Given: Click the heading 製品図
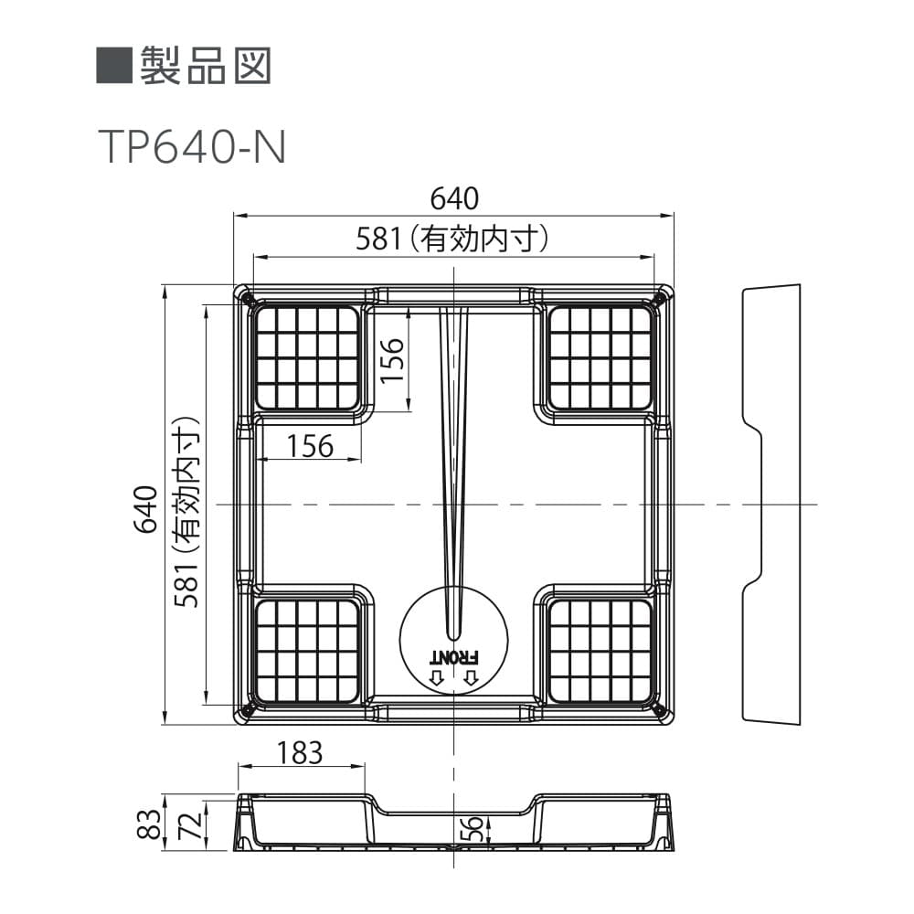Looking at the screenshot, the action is (206, 65).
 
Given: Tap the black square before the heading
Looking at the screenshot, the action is (114, 65).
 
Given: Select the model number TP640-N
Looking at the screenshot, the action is (192, 147).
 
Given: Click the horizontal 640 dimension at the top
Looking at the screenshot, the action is (454, 198).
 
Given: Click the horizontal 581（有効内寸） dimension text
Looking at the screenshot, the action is (452, 239).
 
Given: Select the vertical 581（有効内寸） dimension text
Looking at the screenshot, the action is (187, 512).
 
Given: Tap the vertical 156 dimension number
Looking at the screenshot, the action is (393, 360).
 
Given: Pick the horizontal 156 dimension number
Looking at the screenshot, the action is (310, 447).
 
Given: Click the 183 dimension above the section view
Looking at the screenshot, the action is (300, 752).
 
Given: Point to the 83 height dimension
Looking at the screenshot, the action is (149, 824).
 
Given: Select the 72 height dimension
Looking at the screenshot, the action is (192, 824).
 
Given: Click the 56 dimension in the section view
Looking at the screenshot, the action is (473, 828).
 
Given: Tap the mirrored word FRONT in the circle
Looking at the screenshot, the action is (454, 657).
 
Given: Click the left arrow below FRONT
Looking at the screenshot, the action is (437, 677).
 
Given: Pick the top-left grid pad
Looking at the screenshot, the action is (307, 357).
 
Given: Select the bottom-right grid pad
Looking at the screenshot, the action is (600, 651).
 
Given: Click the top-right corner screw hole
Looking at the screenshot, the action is (661, 300).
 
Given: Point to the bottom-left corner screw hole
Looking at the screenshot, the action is (247, 709).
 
